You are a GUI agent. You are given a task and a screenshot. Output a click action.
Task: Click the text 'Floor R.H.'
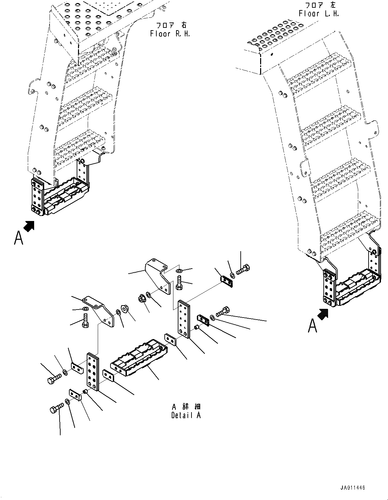pyautogui.click(x=170, y=34)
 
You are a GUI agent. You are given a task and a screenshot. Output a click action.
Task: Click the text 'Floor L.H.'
pyautogui.click(x=319, y=14)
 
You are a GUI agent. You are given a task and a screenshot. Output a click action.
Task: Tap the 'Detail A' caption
pyautogui.click(x=186, y=415)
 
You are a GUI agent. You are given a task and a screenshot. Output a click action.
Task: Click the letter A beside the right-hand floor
pyautogui.click(x=18, y=238)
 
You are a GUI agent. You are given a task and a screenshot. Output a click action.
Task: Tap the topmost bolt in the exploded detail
pyautogui.click(x=243, y=269)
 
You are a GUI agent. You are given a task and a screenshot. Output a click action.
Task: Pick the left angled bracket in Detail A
pyautogui.click(x=100, y=310)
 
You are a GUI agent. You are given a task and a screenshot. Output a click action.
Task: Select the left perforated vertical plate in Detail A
pyautogui.click(x=93, y=371)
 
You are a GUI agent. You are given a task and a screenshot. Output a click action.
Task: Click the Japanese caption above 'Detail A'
pyautogui.click(x=186, y=407)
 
